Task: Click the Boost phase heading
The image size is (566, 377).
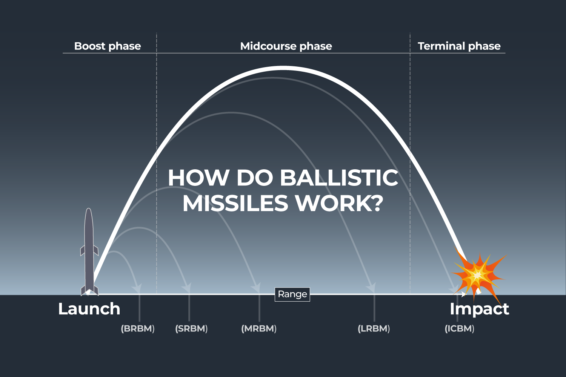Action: coord(108,46)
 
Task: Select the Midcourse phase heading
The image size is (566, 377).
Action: coord(286,46)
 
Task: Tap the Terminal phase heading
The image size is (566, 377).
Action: coord(459,46)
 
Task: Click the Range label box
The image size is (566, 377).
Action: coord(292,294)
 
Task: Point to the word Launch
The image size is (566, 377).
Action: coord(89,309)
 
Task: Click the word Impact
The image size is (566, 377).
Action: coord(479,309)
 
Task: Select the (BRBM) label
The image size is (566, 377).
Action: coord(138,328)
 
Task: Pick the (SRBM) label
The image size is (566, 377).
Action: coord(191,328)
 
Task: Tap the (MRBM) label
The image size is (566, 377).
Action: coord(259,328)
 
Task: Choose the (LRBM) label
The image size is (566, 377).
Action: coord(374,328)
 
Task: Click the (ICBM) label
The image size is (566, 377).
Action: coord(459,328)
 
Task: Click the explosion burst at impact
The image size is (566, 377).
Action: coord(478,275)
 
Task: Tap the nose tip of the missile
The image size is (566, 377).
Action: coord(89,209)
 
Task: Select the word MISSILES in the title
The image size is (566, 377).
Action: coord(235,204)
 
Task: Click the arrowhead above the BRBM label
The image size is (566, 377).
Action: coord(137,288)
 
